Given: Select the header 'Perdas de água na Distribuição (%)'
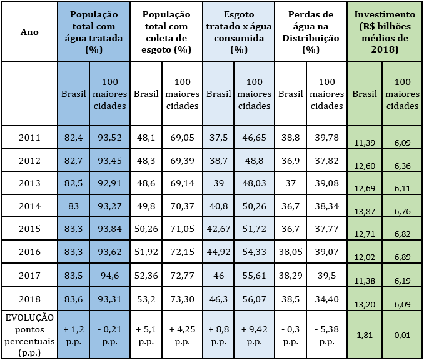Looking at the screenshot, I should pos(311,31).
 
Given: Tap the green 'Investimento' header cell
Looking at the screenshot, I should pos(384,31).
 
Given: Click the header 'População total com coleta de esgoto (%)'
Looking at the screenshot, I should pos(166,31).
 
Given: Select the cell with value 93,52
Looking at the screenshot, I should pos(109,137).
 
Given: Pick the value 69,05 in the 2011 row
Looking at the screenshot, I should pos(182,137).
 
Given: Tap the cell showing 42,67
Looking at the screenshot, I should pos(218,229).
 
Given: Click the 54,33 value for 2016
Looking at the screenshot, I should pos(254,251).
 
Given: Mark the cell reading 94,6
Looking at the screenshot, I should pos(109,274).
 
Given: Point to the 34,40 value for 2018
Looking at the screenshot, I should pos(326,297).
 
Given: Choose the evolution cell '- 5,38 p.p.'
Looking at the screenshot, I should pos(326,335).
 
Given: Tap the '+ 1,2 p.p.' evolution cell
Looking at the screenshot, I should pos(74,335).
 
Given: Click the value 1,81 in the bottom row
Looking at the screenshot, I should pos(366,335).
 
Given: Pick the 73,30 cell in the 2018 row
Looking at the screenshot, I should pos(182,297).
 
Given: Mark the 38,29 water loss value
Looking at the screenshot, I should pos(291,274).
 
